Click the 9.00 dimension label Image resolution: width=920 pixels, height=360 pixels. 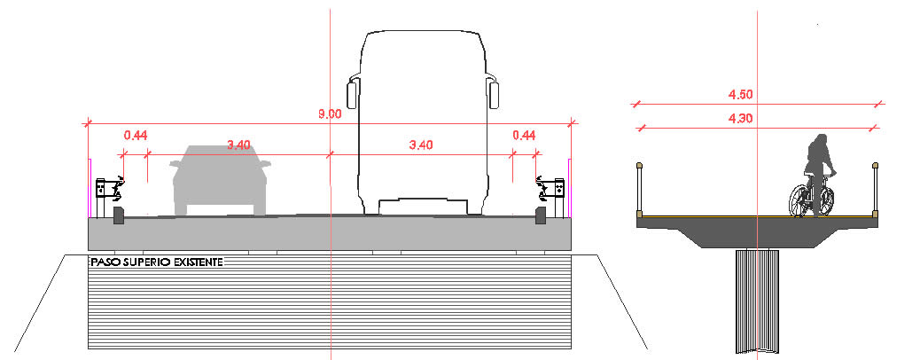click(330, 114)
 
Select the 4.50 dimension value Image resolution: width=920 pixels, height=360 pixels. click(740, 95)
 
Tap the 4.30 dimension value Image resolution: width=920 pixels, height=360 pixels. click(740, 119)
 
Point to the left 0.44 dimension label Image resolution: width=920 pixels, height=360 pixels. click(135, 136)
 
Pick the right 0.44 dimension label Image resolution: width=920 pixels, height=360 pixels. click(524, 136)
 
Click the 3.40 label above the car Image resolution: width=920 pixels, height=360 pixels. click(238, 145)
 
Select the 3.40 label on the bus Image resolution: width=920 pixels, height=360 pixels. click(421, 145)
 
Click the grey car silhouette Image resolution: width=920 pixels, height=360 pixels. click(221, 180)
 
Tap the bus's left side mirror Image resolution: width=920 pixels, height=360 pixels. click(352, 94)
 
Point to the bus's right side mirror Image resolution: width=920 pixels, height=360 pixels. click(494, 94)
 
